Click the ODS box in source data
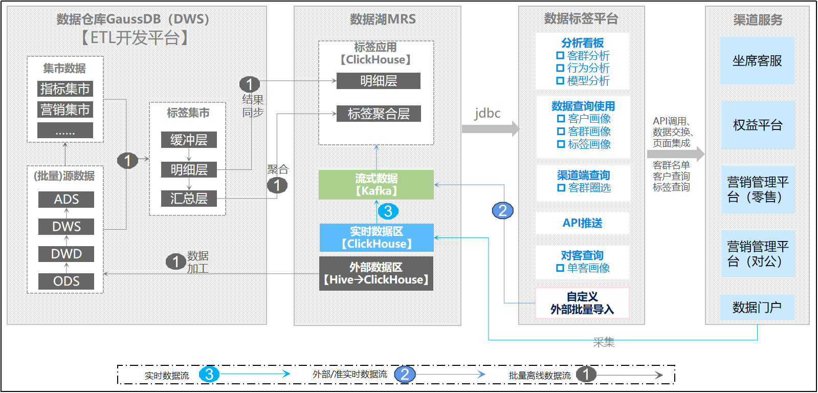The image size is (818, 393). click(66, 281)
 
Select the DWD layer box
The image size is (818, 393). click(66, 254)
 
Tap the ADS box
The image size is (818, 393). click(66, 200)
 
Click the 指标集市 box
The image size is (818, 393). click(65, 89)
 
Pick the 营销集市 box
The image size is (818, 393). click(65, 110)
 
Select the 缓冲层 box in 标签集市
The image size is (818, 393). click(189, 140)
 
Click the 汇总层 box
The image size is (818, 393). click(189, 199)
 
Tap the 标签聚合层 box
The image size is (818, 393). click(379, 114)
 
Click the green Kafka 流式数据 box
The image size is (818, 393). click(376, 185)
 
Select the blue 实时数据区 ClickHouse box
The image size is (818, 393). click(377, 238)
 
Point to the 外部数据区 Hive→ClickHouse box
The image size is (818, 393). click(376, 274)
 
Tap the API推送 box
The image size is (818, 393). click(583, 223)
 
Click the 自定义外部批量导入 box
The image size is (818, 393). click(583, 303)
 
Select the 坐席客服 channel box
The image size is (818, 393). click(758, 60)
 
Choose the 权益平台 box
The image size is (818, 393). click(758, 125)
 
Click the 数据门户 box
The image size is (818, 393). click(758, 308)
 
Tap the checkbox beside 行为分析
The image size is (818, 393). click(560, 68)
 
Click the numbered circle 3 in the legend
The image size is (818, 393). click(209, 375)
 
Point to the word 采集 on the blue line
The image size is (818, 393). click(604, 342)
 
